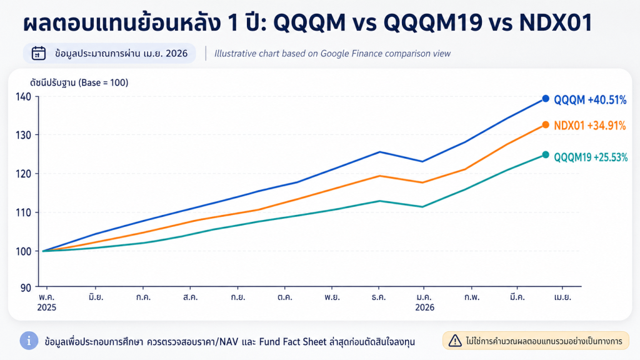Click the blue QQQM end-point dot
546,99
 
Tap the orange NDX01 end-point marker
546,125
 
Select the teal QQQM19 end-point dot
546,155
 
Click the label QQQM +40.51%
590,99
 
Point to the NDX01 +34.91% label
590,126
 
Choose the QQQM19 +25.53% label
591,156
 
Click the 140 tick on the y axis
24,96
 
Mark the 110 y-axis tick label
24,212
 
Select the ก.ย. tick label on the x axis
237,297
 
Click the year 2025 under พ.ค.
46,308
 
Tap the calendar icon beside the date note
39,53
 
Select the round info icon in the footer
29,341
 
